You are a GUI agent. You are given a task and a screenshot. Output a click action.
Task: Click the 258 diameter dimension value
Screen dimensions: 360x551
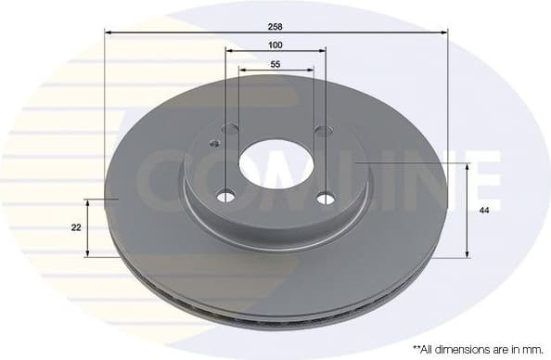coord(275,26)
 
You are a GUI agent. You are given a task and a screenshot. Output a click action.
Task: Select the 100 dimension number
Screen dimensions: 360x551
coord(275,45)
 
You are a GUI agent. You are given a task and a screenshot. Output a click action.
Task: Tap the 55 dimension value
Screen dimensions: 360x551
coord(275,64)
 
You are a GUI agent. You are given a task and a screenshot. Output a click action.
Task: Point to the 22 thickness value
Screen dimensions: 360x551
coord(75,226)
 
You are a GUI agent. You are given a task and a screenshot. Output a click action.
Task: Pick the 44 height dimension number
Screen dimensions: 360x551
coord(483,211)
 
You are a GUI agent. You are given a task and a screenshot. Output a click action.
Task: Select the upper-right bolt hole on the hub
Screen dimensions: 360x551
coord(322,131)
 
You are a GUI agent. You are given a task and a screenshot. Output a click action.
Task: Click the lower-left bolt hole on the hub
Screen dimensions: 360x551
coord(225,197)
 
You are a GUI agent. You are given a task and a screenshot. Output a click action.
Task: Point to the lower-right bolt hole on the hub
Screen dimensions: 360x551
coord(325,198)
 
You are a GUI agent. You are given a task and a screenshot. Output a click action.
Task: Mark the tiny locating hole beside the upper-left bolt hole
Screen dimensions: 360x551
coord(213,144)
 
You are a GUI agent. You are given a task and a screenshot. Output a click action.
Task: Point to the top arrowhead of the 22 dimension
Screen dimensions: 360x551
coord(88,200)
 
